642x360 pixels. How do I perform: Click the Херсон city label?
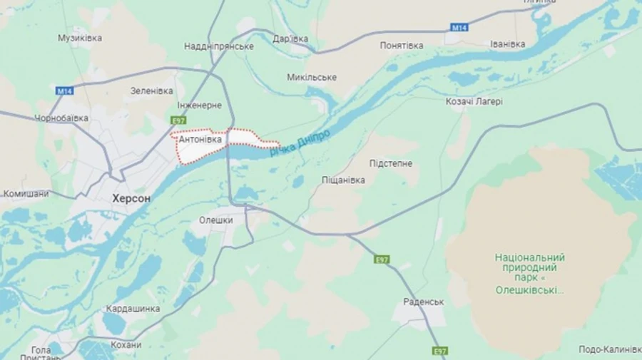131,199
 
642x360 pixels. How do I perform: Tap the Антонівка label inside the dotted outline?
200,140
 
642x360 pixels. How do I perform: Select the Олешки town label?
216,220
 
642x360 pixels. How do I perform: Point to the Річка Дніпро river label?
300,143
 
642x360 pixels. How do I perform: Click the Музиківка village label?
80,38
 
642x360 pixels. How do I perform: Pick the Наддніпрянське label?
219,46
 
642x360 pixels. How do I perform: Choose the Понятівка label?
401,46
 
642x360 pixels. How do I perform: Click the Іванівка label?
508,44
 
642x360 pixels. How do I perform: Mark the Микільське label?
312,77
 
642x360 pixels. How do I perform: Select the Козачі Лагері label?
474,102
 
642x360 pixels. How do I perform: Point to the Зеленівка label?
152,91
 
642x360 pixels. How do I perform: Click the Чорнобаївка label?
61,118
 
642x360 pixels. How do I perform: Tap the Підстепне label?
391,163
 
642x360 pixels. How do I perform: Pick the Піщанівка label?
343,180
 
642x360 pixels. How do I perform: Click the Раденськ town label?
423,302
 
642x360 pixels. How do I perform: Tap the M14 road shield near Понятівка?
459,27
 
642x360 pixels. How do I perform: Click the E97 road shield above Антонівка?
179,120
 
